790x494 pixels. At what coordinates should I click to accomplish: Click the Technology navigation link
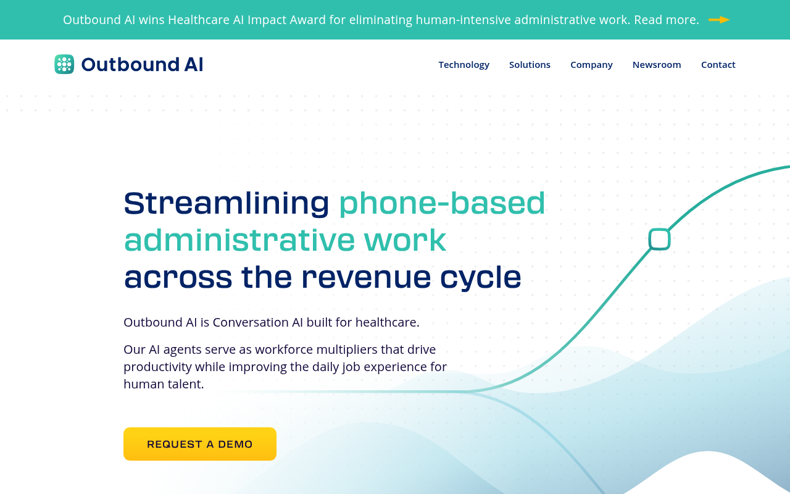[x=464, y=64]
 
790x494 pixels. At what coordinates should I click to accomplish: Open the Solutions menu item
[x=530, y=64]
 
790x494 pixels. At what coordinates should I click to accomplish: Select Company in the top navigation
[x=591, y=64]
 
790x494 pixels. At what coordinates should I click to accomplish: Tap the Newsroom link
[x=657, y=64]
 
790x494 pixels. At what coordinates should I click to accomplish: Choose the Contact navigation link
[x=718, y=64]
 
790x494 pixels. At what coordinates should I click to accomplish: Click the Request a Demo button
[x=200, y=444]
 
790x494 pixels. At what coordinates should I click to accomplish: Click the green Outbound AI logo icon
[x=64, y=64]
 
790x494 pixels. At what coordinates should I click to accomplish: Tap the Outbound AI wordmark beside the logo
[x=142, y=64]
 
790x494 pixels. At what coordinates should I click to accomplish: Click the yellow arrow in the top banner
[x=719, y=20]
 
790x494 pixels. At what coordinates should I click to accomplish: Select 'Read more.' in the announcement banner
[x=666, y=20]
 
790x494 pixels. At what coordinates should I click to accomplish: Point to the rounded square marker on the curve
[x=659, y=239]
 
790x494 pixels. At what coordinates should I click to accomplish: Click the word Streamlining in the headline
[x=227, y=203]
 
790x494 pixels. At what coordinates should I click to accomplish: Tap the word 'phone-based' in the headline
[x=442, y=203]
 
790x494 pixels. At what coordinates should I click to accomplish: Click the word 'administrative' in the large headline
[x=239, y=240]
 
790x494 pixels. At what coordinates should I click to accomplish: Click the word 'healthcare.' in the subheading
[x=388, y=322]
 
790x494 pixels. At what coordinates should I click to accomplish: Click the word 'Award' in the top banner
[x=307, y=20]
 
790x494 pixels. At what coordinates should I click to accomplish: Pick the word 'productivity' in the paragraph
[x=157, y=367]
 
